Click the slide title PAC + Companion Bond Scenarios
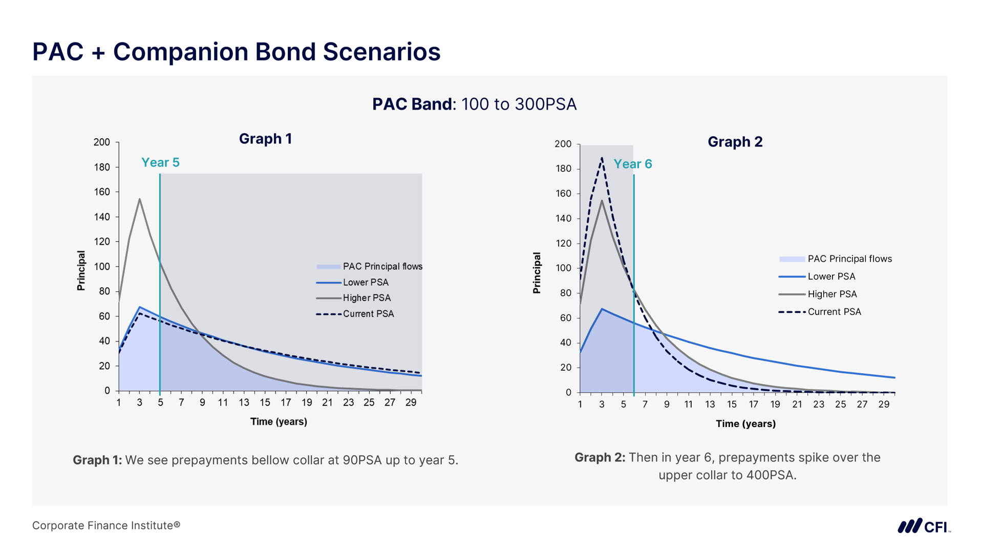point(236,52)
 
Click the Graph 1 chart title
point(265,139)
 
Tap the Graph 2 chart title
point(735,142)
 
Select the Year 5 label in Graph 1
point(160,163)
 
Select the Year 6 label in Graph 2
point(632,164)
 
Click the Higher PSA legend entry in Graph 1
point(366,298)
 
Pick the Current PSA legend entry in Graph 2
point(834,312)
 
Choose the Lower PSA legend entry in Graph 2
point(831,276)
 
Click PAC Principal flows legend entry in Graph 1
point(382,266)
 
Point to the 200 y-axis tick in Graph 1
point(101,142)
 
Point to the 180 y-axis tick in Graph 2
point(563,169)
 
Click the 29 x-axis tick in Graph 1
point(411,403)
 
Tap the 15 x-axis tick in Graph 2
point(732,405)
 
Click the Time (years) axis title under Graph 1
point(279,422)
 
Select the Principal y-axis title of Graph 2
point(537,273)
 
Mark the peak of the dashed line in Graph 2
point(602,158)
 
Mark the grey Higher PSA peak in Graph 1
point(139,199)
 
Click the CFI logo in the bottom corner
point(924,526)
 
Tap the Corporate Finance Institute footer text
point(106,525)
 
